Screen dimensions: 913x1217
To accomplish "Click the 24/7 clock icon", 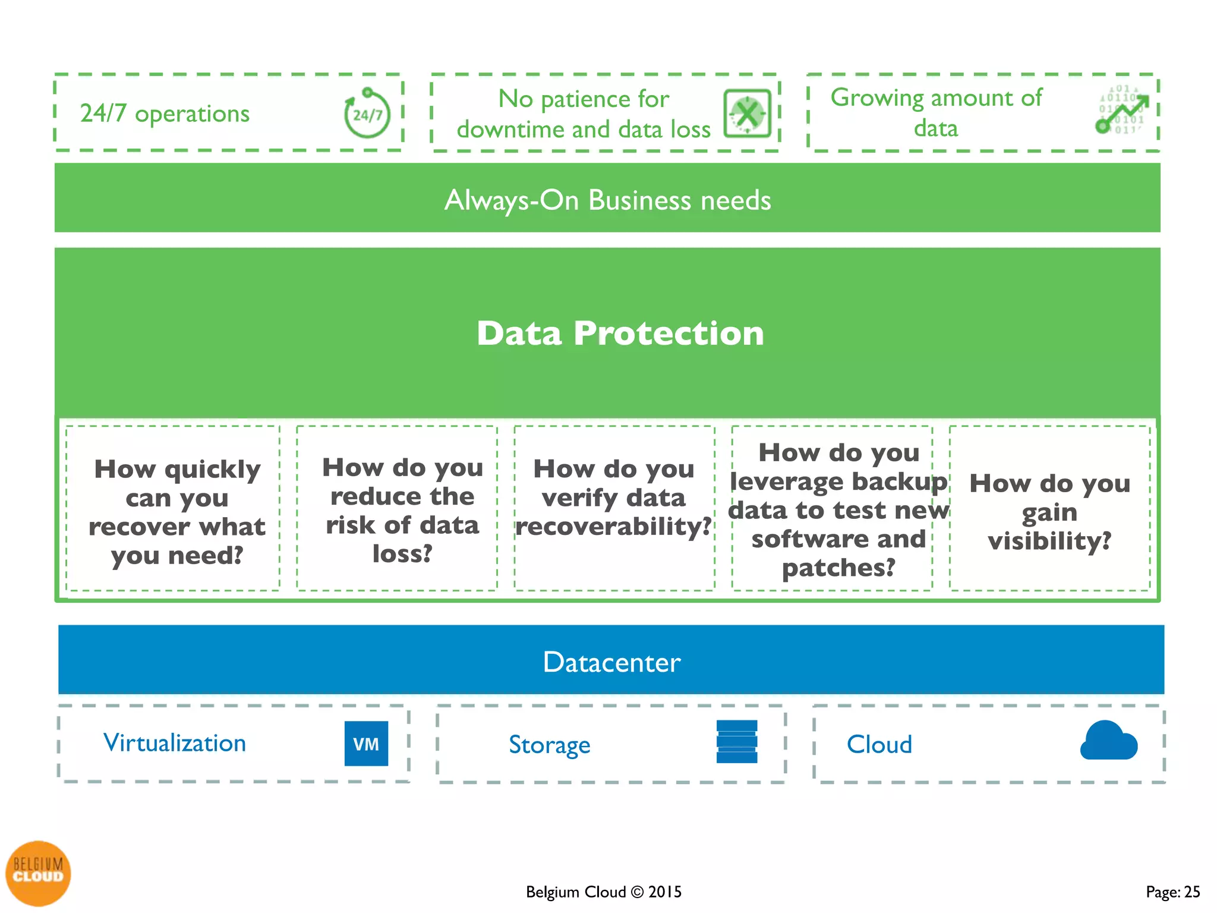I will tap(367, 114).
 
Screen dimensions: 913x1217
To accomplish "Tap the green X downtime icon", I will tap(747, 114).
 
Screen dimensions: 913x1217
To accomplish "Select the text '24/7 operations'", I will tap(165, 113).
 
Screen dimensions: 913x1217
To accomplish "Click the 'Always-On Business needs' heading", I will tap(607, 200).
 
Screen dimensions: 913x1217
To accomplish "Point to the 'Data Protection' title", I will tap(620, 333).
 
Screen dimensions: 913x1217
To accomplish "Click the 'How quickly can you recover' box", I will tap(176, 512).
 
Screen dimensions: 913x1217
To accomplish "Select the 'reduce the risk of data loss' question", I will tap(402, 510).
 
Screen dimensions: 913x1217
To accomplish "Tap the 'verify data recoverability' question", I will tap(614, 498).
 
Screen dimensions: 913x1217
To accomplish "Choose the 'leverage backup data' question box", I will tap(838, 510).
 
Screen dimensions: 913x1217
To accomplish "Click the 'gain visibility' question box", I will tap(1049, 512).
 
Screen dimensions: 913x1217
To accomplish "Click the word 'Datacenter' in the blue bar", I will tap(611, 662).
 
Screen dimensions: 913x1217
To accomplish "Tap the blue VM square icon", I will tap(366, 743).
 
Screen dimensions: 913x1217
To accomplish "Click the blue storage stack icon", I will tap(737, 741).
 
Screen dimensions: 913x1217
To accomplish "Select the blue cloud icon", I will tap(1108, 741).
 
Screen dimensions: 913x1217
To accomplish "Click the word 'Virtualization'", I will tap(175, 743).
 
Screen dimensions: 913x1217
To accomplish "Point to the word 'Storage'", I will tap(549, 745).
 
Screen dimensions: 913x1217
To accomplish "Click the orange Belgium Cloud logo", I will tap(38, 873).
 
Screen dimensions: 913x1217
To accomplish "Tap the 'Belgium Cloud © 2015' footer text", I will tap(603, 892).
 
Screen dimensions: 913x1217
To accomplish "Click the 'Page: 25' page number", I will tap(1172, 892).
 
